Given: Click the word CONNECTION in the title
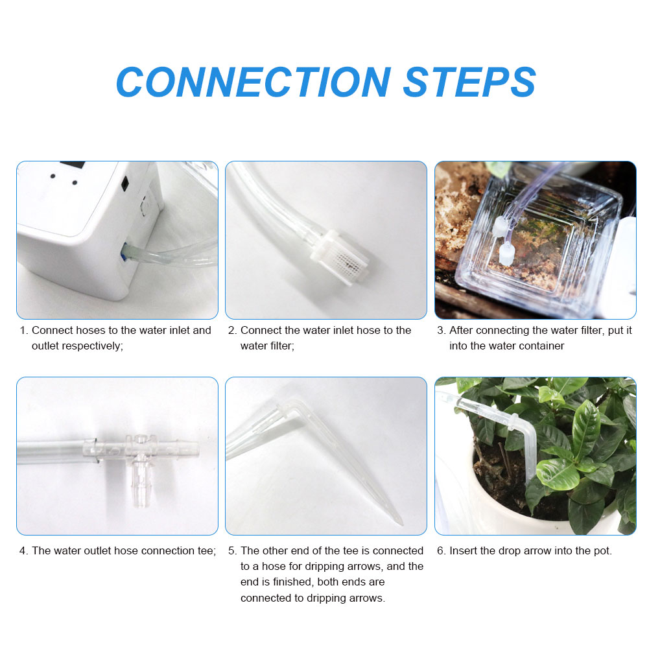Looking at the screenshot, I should [253, 82].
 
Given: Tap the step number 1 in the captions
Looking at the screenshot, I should [23, 331].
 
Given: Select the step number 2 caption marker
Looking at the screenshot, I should [232, 331].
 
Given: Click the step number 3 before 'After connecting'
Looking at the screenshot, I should [441, 331].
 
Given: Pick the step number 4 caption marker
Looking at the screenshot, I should [23, 551].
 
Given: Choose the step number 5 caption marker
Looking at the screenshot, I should [232, 551].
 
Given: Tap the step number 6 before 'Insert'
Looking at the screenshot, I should [441, 551].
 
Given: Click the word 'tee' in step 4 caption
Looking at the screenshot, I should [206, 551].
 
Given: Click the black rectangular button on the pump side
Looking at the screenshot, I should [125, 183].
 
